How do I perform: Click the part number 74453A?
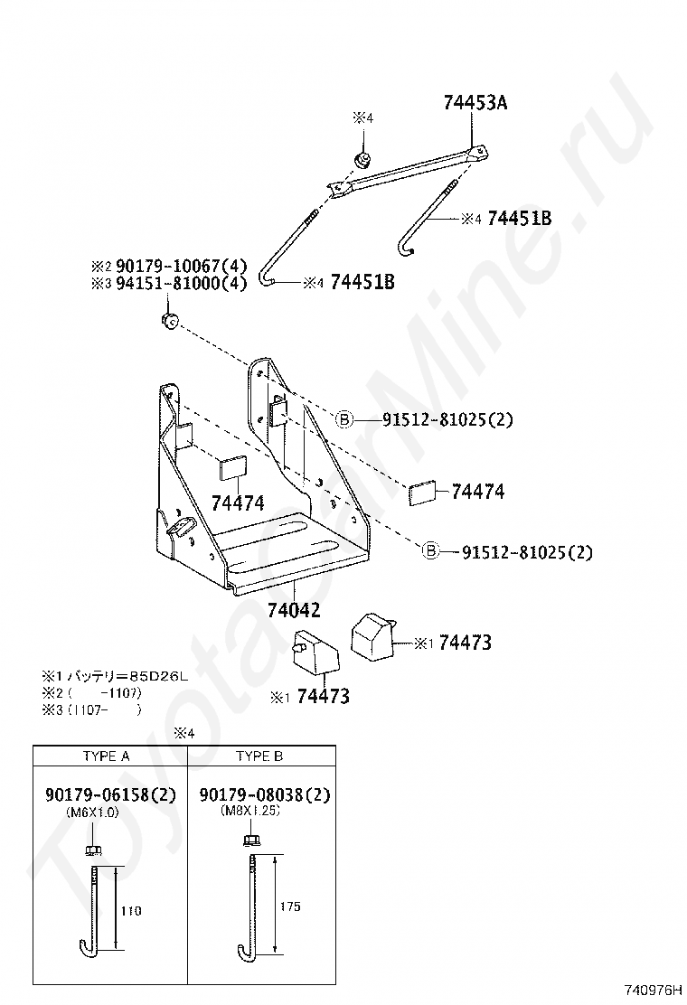pyautogui.click(x=475, y=103)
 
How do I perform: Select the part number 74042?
pyautogui.click(x=294, y=611)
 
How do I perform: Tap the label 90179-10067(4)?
pyautogui.click(x=168, y=267)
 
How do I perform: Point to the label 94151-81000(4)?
pyautogui.click(x=168, y=283)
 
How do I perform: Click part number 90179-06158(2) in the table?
pyautogui.click(x=110, y=795)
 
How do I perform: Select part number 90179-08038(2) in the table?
pyautogui.click(x=264, y=795)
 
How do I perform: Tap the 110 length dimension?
pyautogui.click(x=131, y=910)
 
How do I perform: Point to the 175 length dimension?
pyautogui.click(x=290, y=906)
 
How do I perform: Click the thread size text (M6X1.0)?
pyautogui.click(x=92, y=812)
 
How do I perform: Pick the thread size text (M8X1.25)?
pyautogui.click(x=250, y=811)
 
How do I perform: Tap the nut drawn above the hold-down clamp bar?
pyautogui.click(x=363, y=161)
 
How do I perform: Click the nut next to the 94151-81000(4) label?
pyautogui.click(x=169, y=321)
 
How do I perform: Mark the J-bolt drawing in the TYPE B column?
pyautogui.click(x=248, y=904)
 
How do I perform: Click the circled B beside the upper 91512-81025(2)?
pyautogui.click(x=344, y=419)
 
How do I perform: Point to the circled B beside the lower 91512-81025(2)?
pyautogui.click(x=431, y=550)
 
